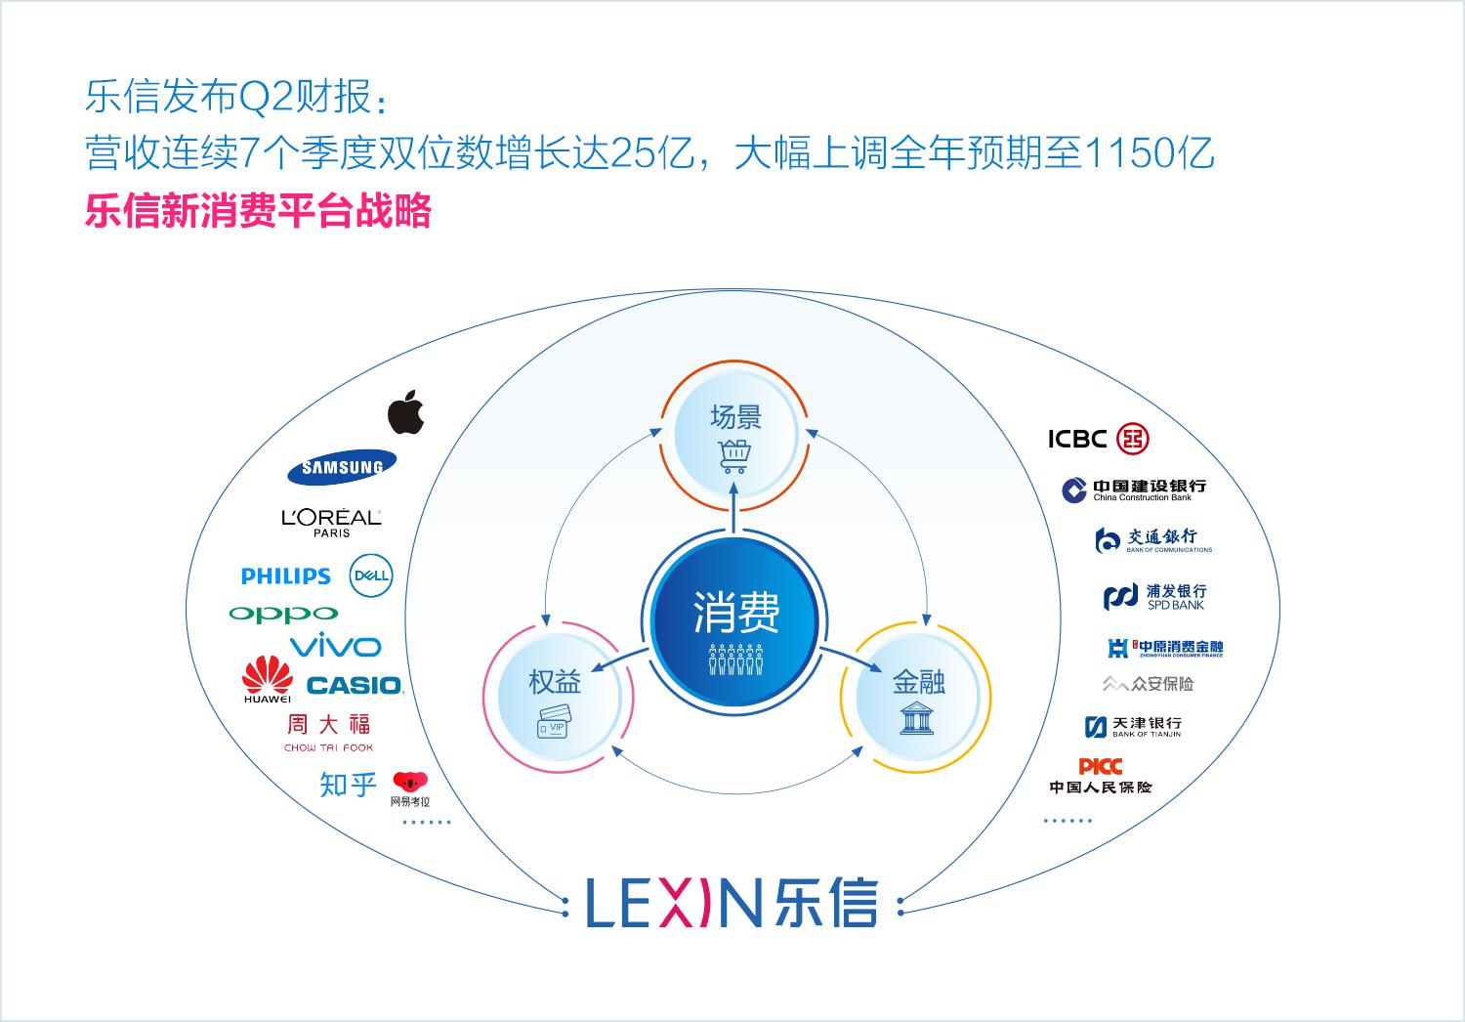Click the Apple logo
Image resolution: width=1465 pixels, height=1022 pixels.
[x=405, y=412]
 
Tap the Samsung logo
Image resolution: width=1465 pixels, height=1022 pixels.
[x=342, y=467]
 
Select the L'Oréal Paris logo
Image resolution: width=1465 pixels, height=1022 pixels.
[x=332, y=523]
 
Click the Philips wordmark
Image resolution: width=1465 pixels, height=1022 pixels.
[x=286, y=575]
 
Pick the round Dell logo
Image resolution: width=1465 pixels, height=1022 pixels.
[x=371, y=575]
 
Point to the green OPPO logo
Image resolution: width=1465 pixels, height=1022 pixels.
[x=283, y=615]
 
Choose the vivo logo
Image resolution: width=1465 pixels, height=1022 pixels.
[x=336, y=646]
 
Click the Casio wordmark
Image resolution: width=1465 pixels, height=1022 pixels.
[x=356, y=686]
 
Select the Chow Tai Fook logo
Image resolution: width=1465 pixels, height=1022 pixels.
[x=328, y=733]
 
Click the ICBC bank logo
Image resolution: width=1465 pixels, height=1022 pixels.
[x=1098, y=439]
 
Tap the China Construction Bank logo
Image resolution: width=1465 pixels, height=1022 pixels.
[x=1134, y=490]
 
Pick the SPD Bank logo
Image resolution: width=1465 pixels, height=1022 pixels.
[x=1155, y=597]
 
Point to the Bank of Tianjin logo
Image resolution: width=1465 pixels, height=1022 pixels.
[x=1133, y=726]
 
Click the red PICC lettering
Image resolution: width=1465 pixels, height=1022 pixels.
[x=1100, y=766]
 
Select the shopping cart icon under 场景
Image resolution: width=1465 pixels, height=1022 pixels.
[x=734, y=456]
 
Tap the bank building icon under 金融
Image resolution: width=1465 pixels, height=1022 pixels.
[x=917, y=718]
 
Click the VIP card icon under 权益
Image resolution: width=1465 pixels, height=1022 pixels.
[x=554, y=722]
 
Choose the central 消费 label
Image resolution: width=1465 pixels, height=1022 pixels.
[x=736, y=613]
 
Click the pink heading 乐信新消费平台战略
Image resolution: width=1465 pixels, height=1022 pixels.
[x=259, y=211]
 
